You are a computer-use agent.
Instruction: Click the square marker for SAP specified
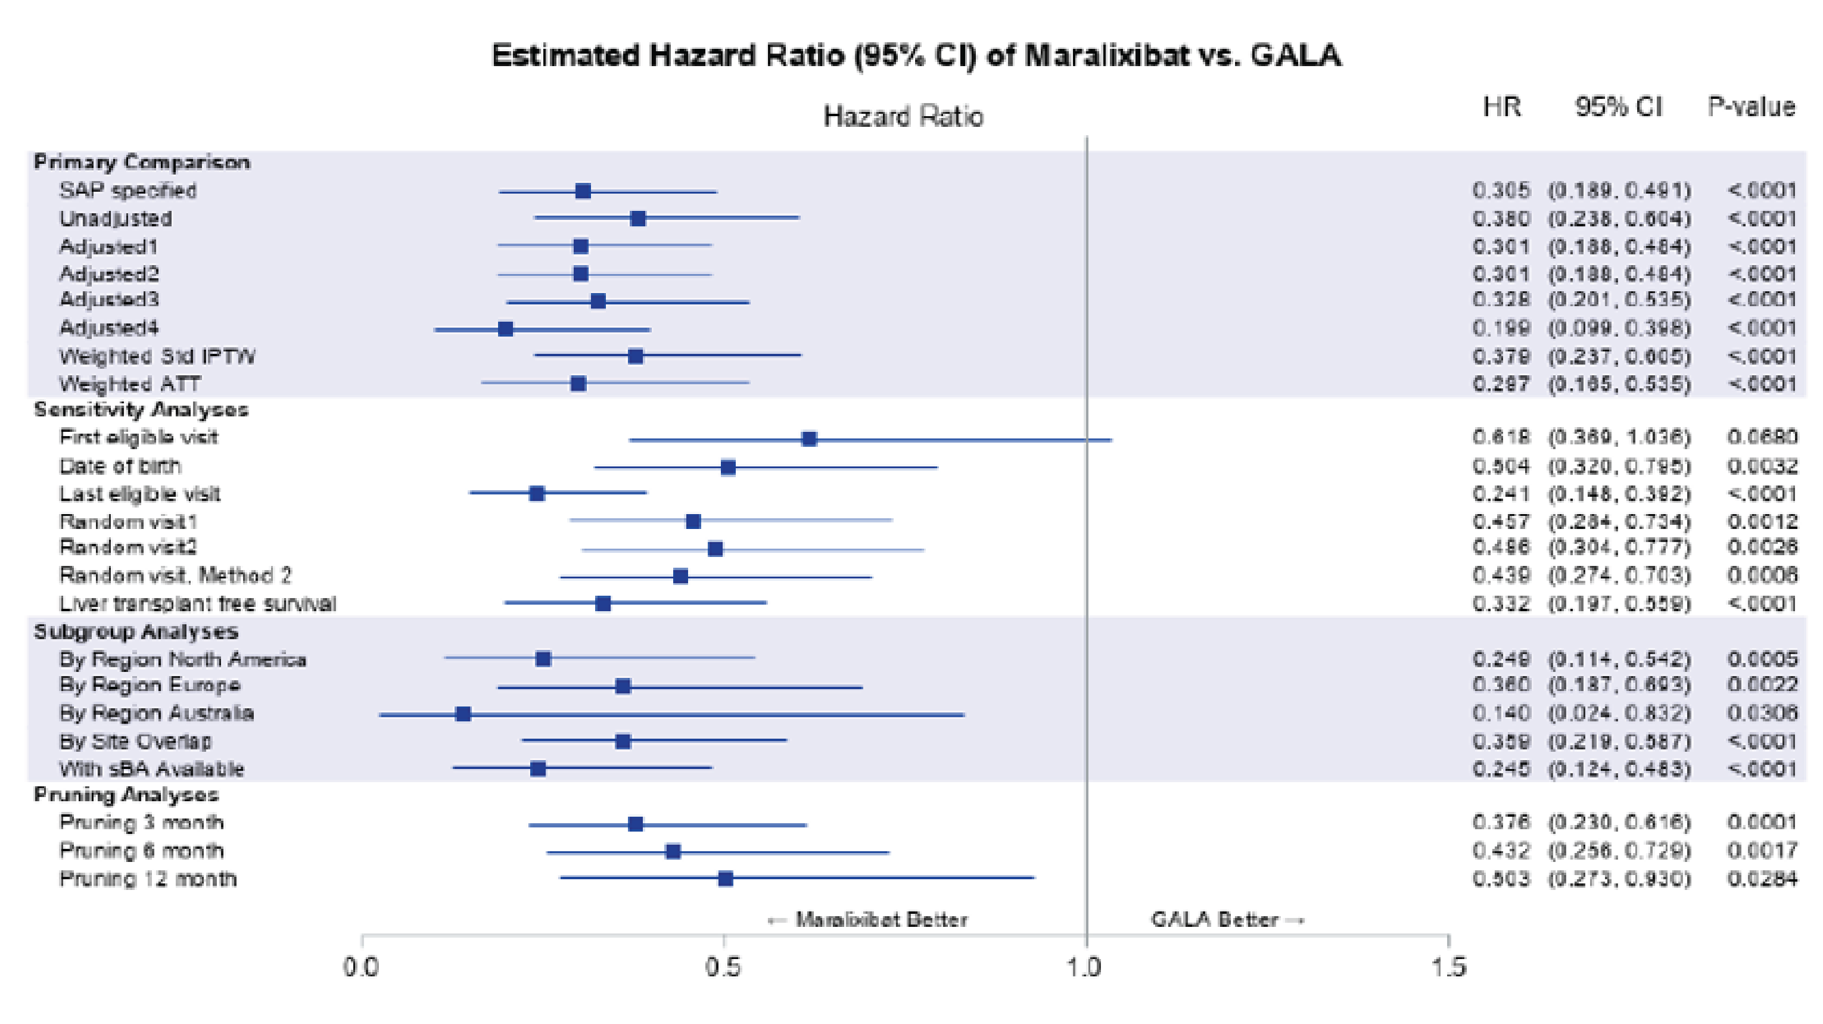(583, 191)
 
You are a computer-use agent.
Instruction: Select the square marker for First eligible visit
(809, 440)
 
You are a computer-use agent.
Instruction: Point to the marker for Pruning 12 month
(726, 879)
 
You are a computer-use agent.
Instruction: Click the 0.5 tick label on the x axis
(723, 967)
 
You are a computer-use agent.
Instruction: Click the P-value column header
(1751, 107)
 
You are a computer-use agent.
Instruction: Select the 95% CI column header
(1618, 107)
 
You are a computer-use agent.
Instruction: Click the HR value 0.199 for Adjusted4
(1500, 328)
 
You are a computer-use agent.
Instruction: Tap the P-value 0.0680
(1762, 437)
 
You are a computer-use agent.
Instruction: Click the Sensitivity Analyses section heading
(141, 410)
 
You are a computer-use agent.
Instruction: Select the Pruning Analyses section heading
(126, 795)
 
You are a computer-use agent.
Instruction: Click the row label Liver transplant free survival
(197, 603)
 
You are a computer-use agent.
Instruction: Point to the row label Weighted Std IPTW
(157, 356)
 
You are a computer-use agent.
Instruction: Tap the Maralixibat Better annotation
(881, 919)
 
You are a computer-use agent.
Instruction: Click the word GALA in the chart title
(1295, 55)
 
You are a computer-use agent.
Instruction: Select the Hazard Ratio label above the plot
(903, 116)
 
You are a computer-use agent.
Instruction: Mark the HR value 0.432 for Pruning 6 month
(1500, 851)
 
